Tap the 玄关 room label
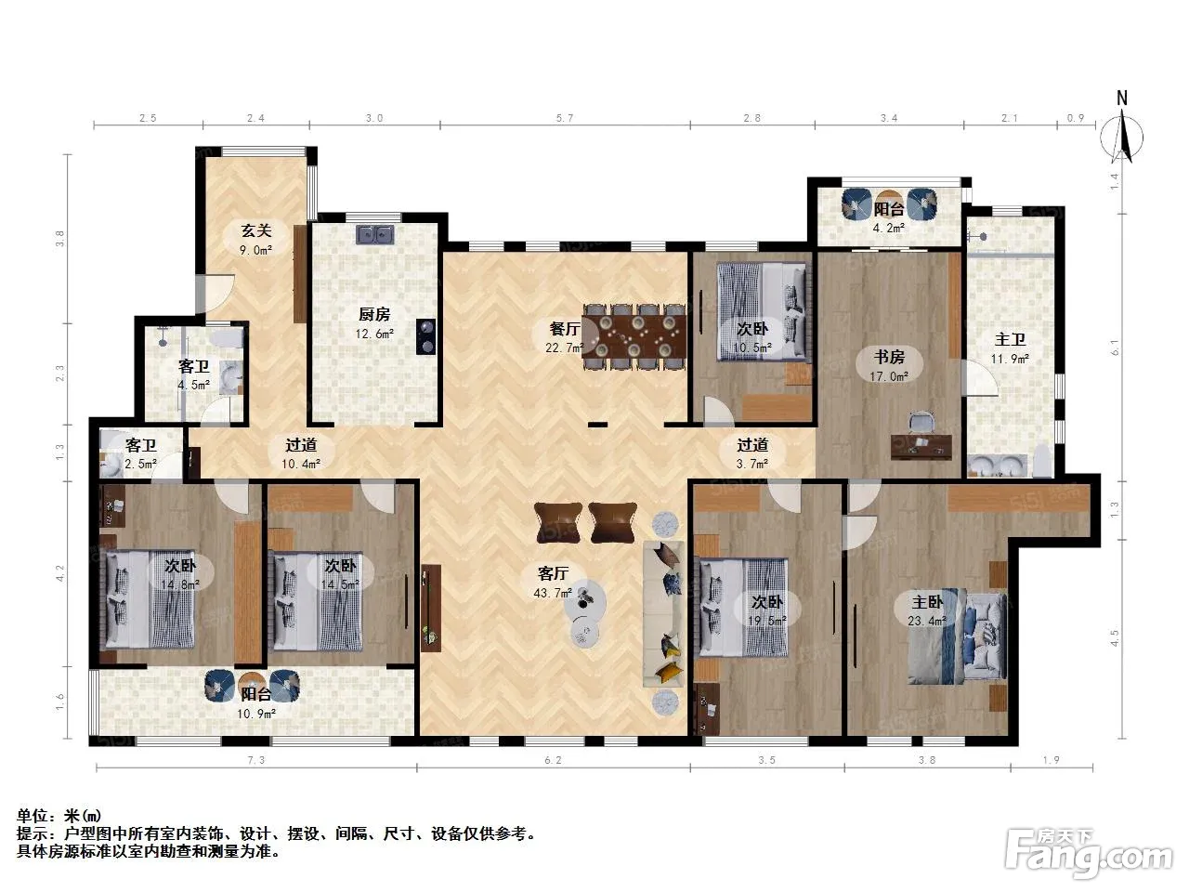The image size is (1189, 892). click(x=256, y=230)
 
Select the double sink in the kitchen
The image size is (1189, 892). click(x=374, y=234)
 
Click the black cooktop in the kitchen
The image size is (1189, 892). click(x=425, y=336)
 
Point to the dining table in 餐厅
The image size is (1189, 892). click(x=634, y=336)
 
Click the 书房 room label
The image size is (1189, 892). click(x=889, y=357)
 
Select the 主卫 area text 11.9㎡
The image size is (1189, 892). click(x=1010, y=359)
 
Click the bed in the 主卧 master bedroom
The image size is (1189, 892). click(x=957, y=638)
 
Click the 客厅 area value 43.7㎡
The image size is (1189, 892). click(x=553, y=593)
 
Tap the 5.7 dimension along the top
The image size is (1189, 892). click(x=565, y=118)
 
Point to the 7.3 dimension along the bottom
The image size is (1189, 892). click(x=256, y=760)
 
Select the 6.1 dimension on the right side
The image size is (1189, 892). click(x=1115, y=348)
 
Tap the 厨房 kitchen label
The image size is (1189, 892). click(x=374, y=314)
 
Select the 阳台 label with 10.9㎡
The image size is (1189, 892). click(x=256, y=694)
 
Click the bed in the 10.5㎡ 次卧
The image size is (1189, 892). click(x=761, y=311)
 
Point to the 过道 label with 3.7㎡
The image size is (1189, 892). click(x=752, y=445)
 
